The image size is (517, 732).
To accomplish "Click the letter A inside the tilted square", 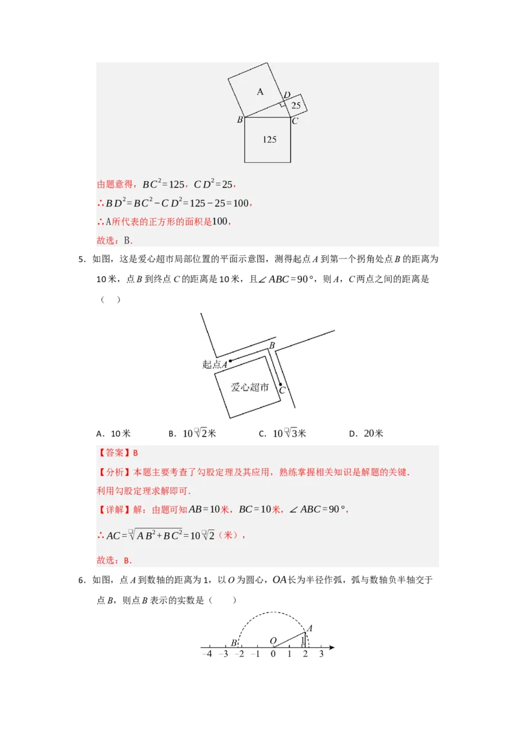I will pyautogui.click(x=260, y=92).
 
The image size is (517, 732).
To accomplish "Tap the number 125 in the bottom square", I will pyautogui.click(x=269, y=139).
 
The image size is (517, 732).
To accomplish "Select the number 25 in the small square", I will pyautogui.click(x=296, y=105).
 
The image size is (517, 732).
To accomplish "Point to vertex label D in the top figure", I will pyautogui.click(x=286, y=95).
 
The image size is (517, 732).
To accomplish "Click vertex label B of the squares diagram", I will pyautogui.click(x=240, y=120).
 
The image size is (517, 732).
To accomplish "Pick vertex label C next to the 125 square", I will pyautogui.click(x=295, y=120).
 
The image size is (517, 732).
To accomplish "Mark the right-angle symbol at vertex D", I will pyautogui.click(x=282, y=103).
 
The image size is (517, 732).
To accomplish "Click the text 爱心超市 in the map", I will pyautogui.click(x=250, y=387).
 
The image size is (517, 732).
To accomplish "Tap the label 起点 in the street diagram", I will pyautogui.click(x=211, y=365).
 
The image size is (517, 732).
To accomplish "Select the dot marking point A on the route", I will pyautogui.click(x=230, y=361).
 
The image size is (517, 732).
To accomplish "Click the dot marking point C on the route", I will pyautogui.click(x=280, y=385).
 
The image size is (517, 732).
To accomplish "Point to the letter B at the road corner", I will pyautogui.click(x=272, y=346).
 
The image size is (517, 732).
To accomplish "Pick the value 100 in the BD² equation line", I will pyautogui.click(x=240, y=203).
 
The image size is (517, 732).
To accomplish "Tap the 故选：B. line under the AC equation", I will pyautogui.click(x=114, y=561).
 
